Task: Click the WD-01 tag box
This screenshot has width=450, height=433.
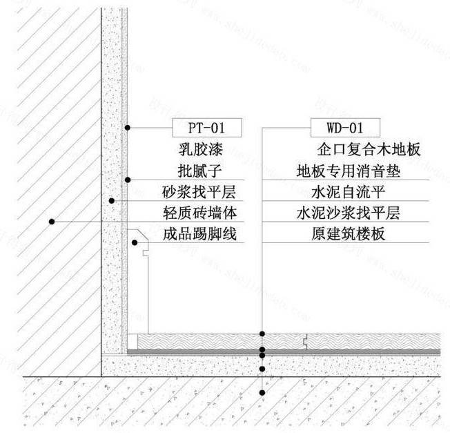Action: click(x=344, y=128)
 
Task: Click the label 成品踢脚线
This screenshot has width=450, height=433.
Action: click(x=199, y=234)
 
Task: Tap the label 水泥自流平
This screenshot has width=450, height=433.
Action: click(x=343, y=191)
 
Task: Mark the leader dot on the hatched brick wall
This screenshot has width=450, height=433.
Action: click(x=51, y=222)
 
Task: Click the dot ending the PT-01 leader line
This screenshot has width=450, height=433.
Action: click(x=127, y=128)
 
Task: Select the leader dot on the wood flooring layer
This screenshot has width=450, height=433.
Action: click(x=262, y=334)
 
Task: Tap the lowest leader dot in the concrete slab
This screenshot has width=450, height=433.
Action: click(x=262, y=393)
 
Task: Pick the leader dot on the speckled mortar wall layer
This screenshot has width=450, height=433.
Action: click(x=111, y=200)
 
